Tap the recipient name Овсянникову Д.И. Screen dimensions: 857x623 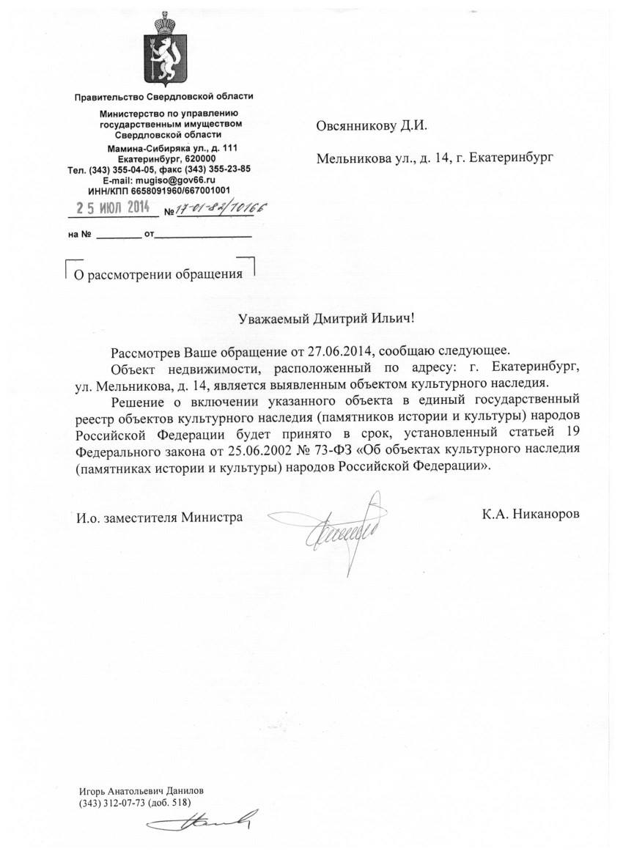[371, 125]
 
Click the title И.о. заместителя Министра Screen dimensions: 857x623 [161, 518]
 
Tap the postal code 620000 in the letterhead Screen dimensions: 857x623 [198, 158]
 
